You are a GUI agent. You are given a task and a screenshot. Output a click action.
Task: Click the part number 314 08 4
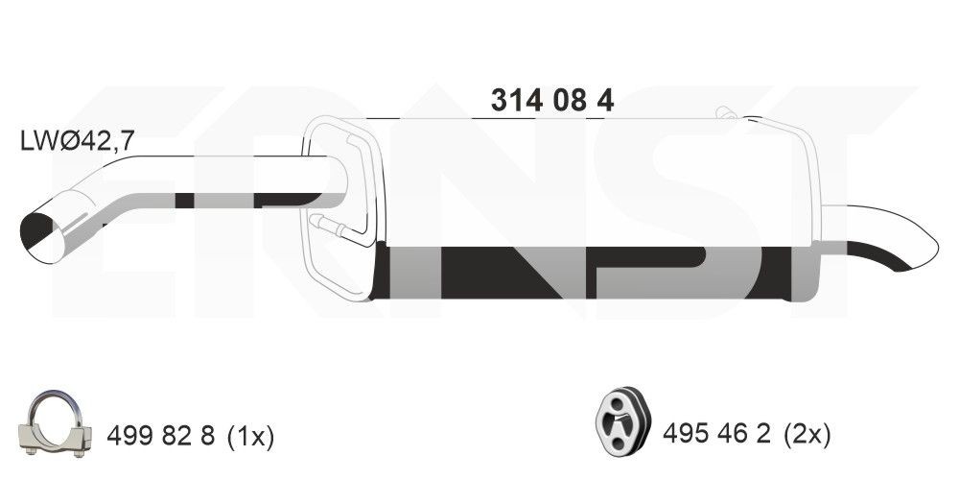click(x=552, y=100)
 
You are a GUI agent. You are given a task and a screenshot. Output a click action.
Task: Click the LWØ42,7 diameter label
click(x=77, y=141)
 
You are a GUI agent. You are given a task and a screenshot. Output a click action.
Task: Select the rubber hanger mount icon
click(x=622, y=420)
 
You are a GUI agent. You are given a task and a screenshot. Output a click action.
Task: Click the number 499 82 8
click(x=161, y=436)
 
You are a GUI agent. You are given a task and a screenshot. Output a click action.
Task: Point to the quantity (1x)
click(x=250, y=437)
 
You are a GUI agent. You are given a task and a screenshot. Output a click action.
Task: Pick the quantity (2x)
click(x=807, y=435)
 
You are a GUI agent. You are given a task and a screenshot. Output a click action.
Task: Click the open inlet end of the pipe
click(x=42, y=238)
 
